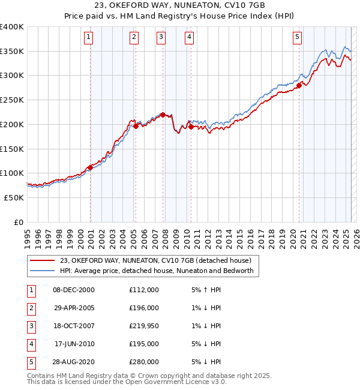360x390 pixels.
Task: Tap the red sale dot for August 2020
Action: click(298, 85)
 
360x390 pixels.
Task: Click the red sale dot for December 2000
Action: click(90, 167)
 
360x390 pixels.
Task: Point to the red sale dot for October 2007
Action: click(163, 115)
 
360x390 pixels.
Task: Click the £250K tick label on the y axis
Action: click(12, 100)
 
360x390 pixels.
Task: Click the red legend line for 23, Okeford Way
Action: click(42, 260)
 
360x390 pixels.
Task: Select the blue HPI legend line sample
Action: click(42, 271)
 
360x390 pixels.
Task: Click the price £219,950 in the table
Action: click(143, 326)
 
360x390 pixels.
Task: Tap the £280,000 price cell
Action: click(143, 362)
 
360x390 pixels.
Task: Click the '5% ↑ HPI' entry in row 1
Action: click(205, 290)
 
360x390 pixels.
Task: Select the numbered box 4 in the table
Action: click(31, 344)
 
